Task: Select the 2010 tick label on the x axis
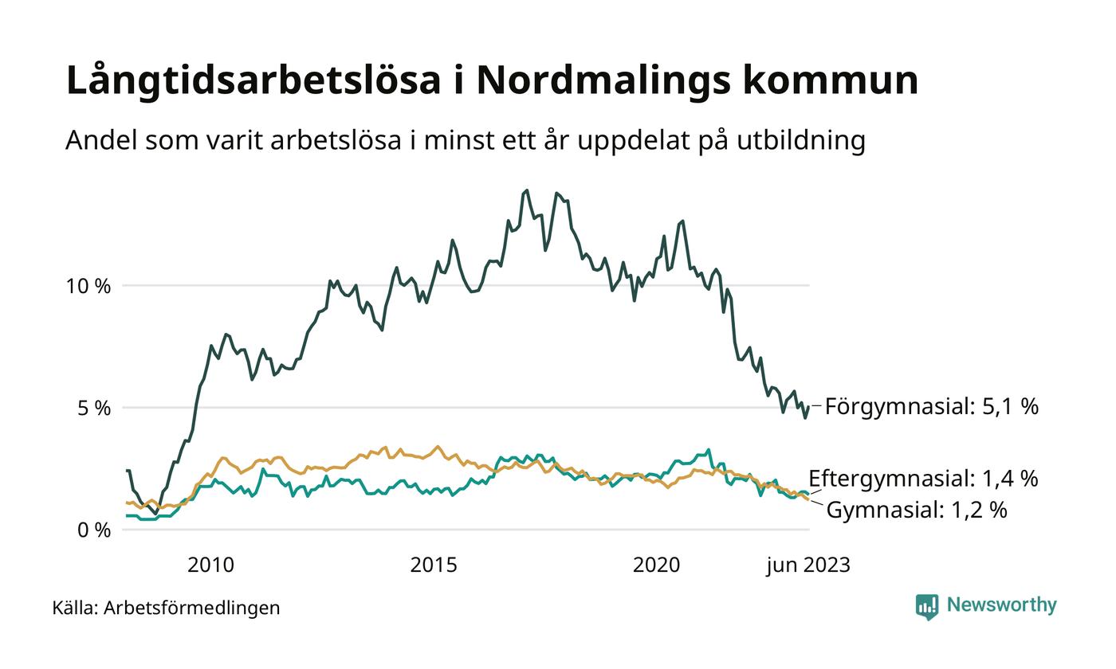210,565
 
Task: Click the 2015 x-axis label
434,565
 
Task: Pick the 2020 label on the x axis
656,565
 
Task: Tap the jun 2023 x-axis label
808,565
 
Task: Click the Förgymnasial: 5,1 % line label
931,407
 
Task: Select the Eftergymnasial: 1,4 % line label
923,479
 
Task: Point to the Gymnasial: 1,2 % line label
916,510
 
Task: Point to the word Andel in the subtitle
100,141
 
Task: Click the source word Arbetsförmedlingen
192,608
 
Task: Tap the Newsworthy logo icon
927,607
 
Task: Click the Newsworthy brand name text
1002,605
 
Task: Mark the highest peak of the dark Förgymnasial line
526,190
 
